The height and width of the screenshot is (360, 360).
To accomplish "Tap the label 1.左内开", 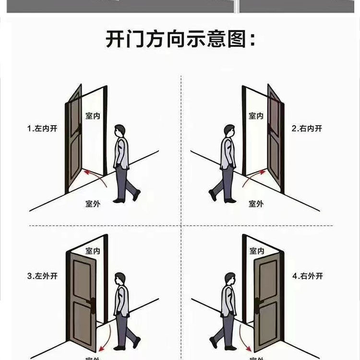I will click(x=42, y=129).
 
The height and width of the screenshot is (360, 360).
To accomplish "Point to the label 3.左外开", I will click(x=42, y=276).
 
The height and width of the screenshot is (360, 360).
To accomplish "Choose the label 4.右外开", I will click(x=308, y=276).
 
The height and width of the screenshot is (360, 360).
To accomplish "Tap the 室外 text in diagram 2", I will click(x=256, y=204).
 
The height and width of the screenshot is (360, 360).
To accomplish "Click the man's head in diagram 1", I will click(x=120, y=131).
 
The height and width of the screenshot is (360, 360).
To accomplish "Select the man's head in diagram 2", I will click(x=230, y=131).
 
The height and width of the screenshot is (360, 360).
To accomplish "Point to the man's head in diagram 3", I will click(x=120, y=278).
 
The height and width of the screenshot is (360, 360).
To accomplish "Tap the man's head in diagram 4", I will click(x=230, y=278).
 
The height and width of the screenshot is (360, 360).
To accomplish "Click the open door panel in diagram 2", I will click(x=275, y=139).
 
